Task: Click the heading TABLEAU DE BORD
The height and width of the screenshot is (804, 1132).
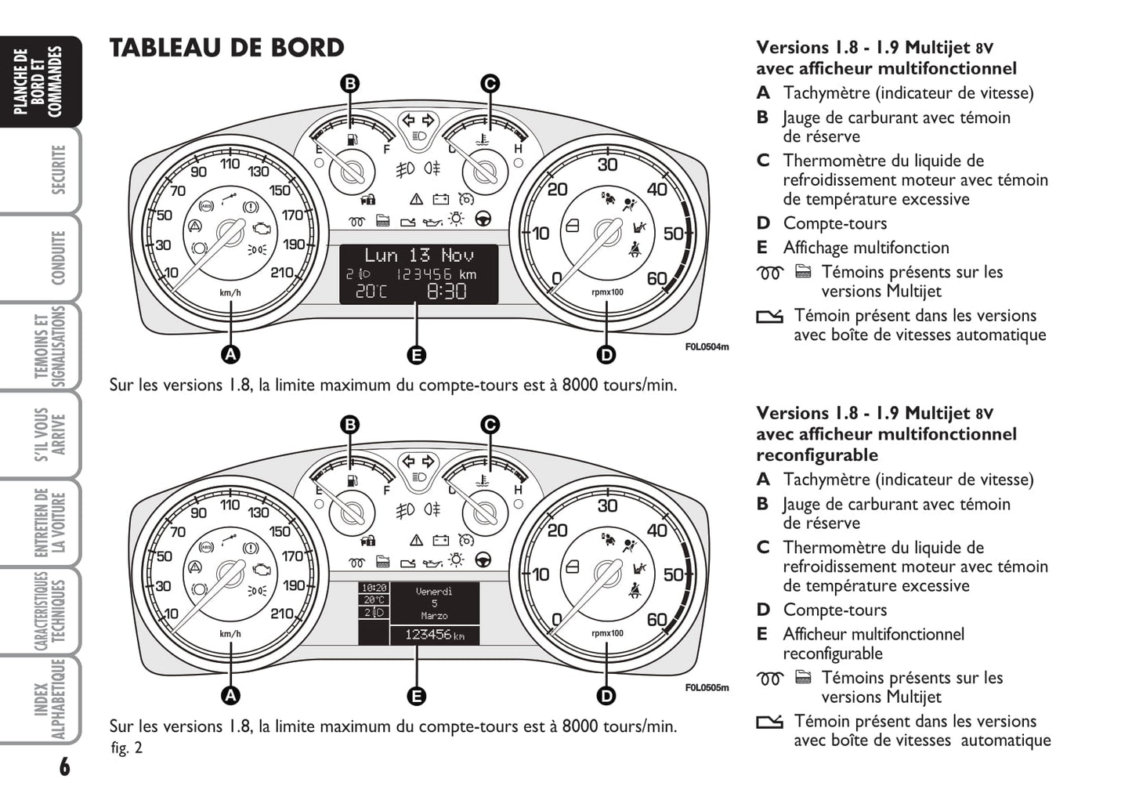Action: click(226, 49)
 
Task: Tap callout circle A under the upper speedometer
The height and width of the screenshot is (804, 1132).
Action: click(230, 354)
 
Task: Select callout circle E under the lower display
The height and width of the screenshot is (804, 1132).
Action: click(416, 695)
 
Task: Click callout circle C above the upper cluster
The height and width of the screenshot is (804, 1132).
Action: click(489, 84)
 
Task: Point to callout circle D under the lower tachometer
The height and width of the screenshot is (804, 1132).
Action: click(606, 695)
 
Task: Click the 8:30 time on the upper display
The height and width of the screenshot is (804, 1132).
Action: click(446, 292)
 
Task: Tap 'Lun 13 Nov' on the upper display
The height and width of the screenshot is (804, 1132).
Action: click(418, 255)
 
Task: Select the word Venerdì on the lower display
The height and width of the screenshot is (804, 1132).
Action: click(434, 592)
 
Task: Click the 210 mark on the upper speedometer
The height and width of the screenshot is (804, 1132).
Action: click(282, 273)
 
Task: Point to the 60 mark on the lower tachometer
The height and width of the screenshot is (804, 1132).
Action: click(656, 619)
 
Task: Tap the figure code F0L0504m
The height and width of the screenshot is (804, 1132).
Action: click(707, 346)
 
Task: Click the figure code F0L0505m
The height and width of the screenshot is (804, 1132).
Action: click(707, 688)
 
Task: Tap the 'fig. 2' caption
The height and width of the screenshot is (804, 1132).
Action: click(127, 748)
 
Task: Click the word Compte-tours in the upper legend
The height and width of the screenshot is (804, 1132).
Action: click(835, 223)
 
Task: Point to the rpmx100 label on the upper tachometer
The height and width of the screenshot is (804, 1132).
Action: click(607, 292)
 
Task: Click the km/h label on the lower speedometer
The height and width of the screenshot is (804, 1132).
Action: click(230, 634)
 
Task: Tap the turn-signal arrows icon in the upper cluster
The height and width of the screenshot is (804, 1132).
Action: click(418, 121)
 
